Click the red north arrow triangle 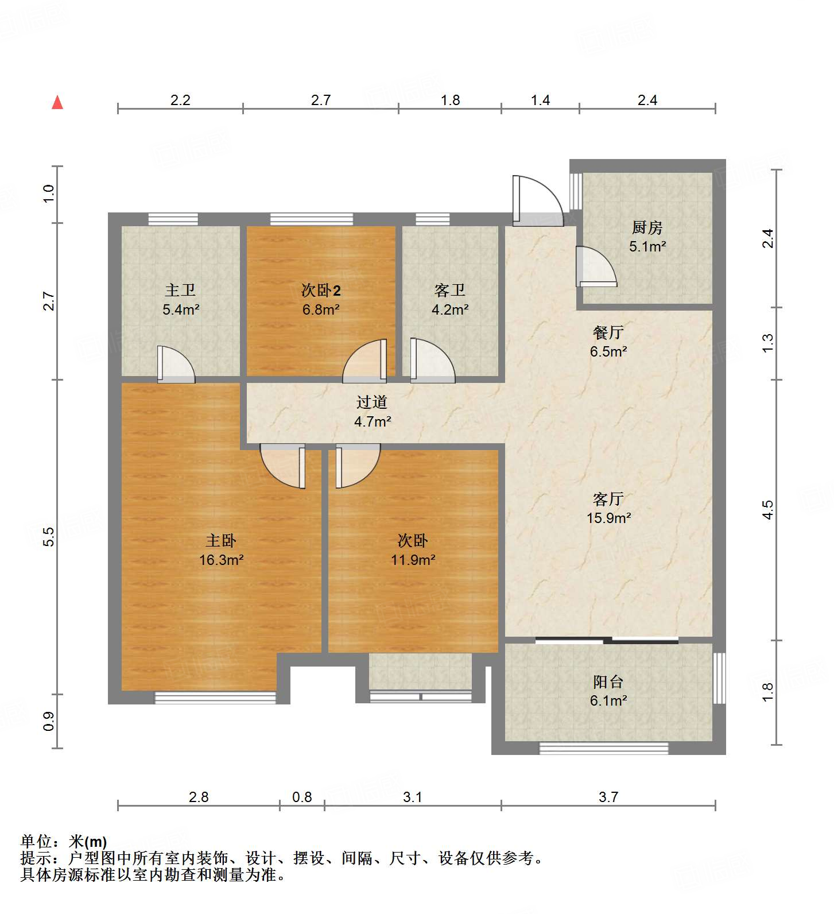(57, 103)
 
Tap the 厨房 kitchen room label (647, 228)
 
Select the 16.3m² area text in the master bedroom (221, 560)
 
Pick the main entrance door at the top (537, 201)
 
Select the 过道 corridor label (371, 402)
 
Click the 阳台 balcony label (608, 682)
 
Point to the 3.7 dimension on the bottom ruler (608, 797)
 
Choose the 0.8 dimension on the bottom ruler (302, 797)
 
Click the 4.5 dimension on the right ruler (768, 509)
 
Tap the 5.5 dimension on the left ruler (49, 536)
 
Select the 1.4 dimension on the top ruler (540, 100)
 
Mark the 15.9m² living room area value (608, 518)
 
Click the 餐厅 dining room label (608, 332)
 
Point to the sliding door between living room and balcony (607, 640)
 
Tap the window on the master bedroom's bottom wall (215, 698)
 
